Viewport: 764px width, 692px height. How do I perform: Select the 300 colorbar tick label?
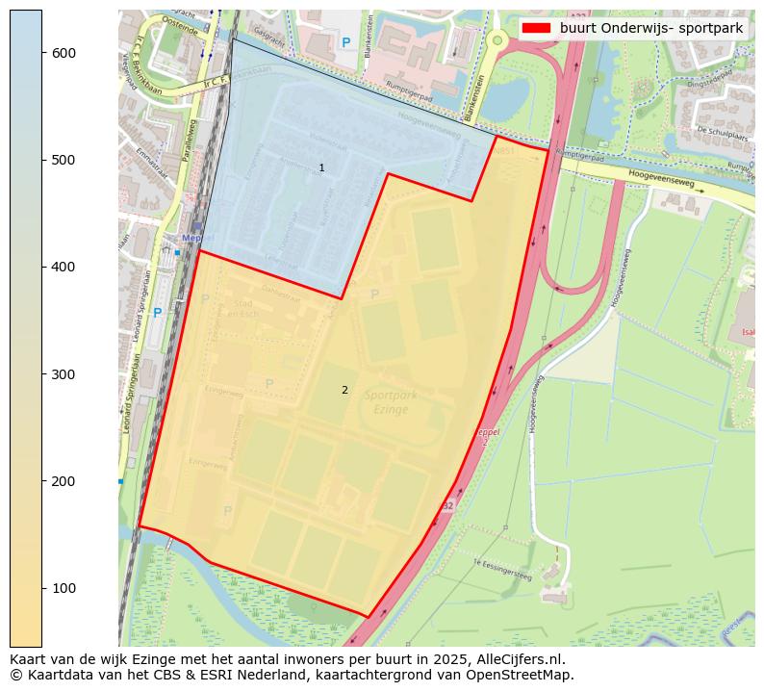[x=64, y=374]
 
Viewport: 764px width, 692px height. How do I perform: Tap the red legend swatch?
[x=536, y=28]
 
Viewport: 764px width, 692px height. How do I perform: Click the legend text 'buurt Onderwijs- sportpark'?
[x=650, y=28]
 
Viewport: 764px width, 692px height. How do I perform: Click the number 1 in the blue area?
[x=321, y=168]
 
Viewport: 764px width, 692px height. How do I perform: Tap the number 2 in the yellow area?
[x=344, y=390]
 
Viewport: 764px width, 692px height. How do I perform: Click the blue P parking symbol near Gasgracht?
[x=345, y=42]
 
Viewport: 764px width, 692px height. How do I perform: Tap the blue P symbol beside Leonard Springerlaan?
[x=157, y=313]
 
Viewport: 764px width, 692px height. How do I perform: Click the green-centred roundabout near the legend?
[x=497, y=39]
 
